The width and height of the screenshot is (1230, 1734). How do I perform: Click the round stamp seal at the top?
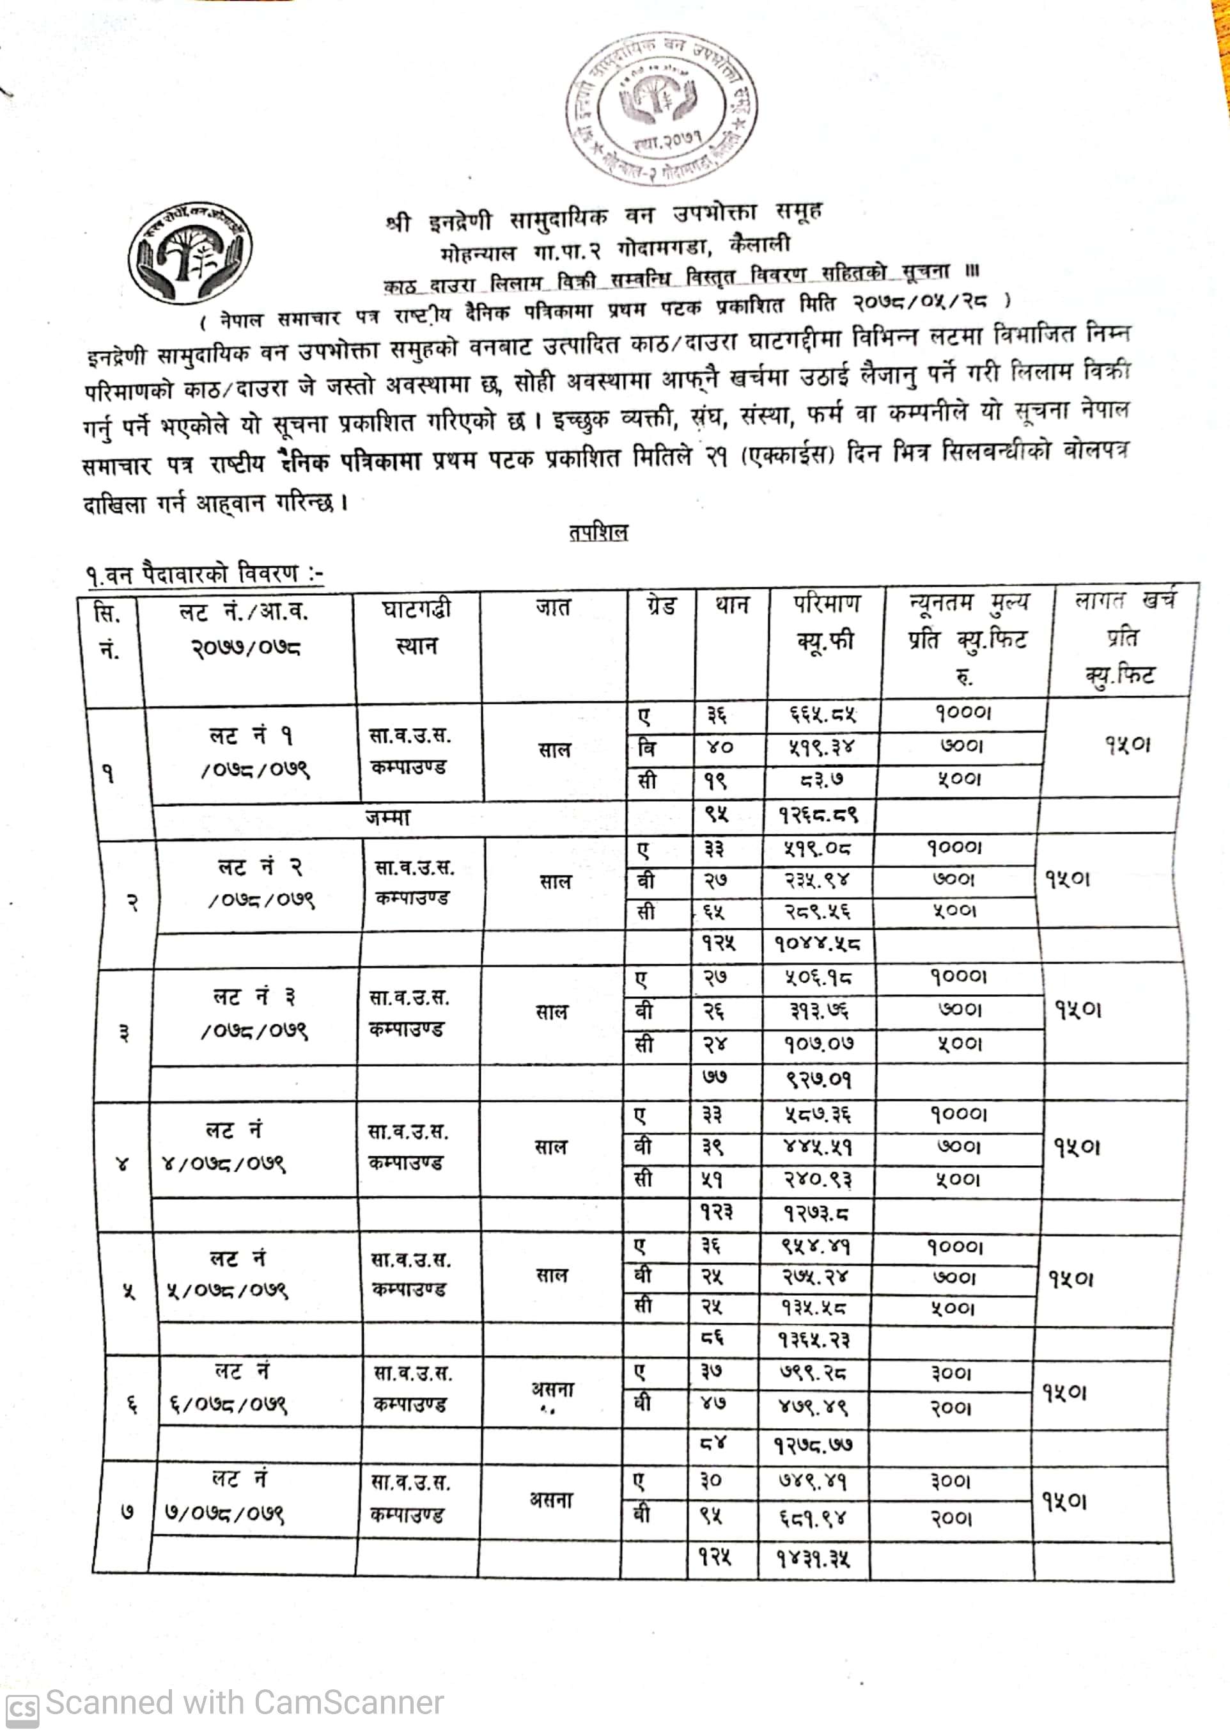(662, 107)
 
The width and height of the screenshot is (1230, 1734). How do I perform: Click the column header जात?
(554, 607)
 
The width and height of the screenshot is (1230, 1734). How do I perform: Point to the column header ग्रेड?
(660, 605)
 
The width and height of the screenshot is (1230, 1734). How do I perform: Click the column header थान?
(731, 605)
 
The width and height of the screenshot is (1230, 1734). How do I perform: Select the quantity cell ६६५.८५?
(821, 714)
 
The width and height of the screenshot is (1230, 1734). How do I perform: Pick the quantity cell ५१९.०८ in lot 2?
(817, 848)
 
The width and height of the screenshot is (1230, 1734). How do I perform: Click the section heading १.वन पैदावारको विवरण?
(205, 574)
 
